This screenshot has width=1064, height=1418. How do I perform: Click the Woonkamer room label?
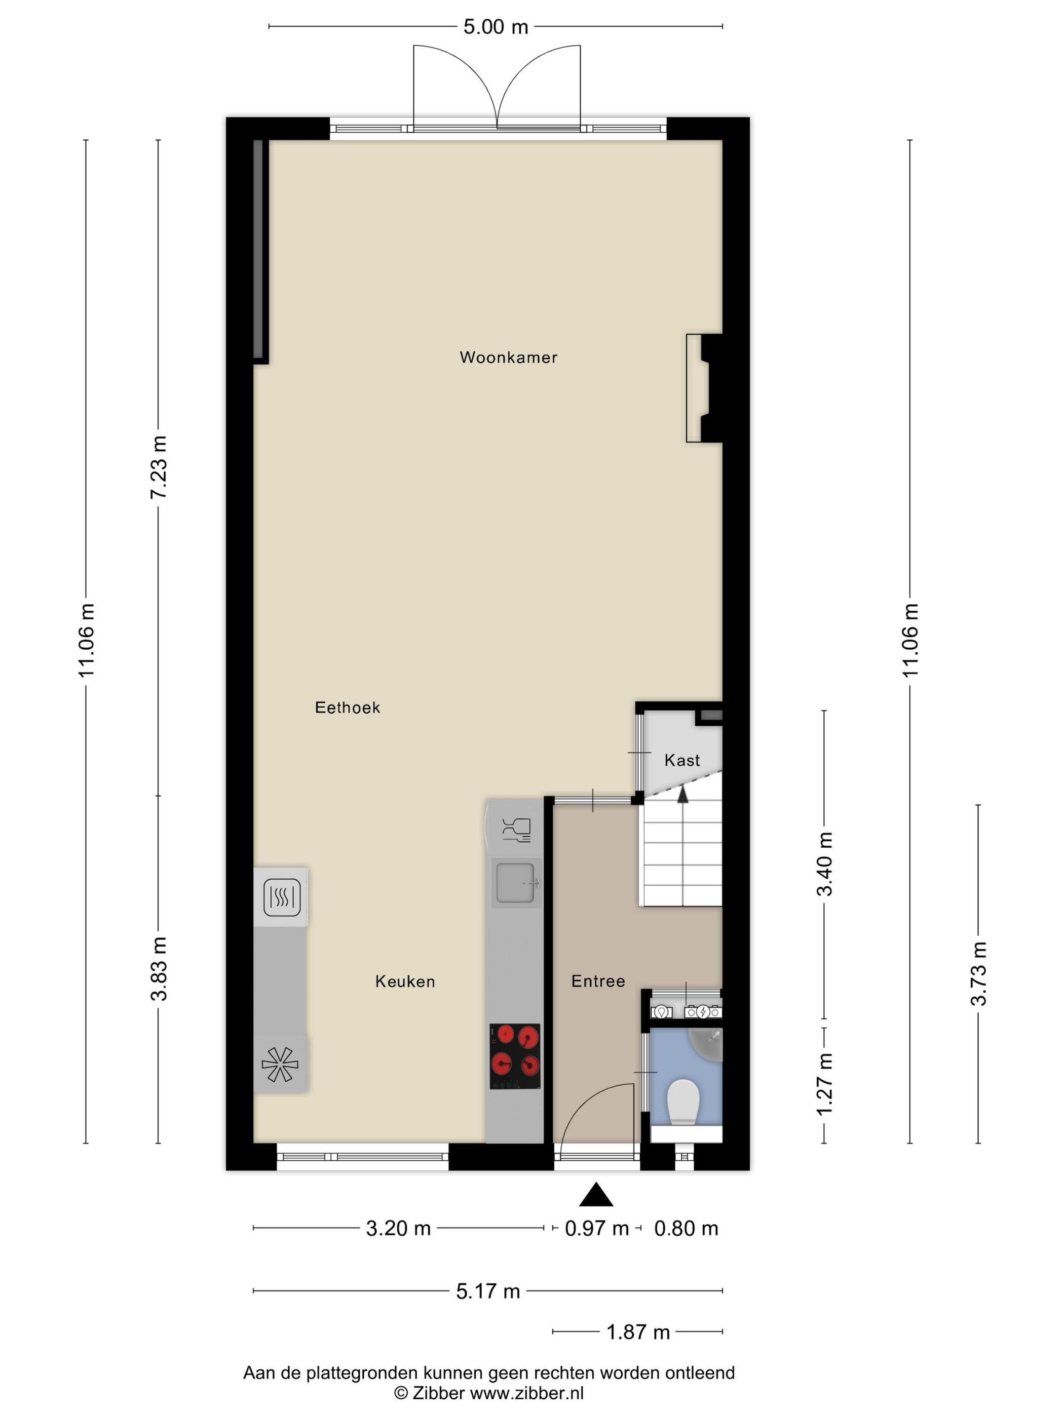(508, 357)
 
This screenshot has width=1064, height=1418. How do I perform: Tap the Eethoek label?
(347, 707)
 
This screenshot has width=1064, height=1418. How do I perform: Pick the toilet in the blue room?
(682, 1102)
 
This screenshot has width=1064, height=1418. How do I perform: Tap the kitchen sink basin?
(514, 883)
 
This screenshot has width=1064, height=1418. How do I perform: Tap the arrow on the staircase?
(682, 795)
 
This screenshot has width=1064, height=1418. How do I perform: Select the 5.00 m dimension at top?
(495, 27)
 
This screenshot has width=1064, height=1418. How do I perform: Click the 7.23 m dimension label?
(159, 467)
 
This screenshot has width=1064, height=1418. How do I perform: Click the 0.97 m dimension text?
(596, 1228)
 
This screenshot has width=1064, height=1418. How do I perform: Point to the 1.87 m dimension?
(637, 1332)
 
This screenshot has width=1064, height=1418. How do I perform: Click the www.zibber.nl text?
(526, 1393)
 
